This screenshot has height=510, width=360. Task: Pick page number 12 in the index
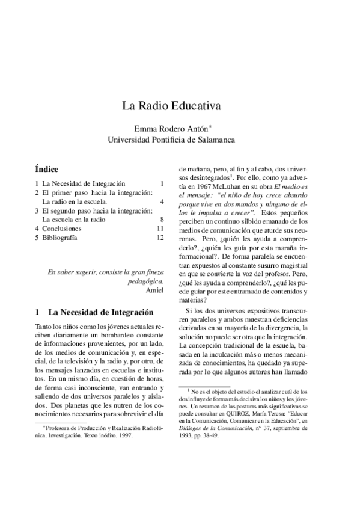click(x=160, y=238)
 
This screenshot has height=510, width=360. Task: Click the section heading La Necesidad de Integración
click(x=100, y=312)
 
